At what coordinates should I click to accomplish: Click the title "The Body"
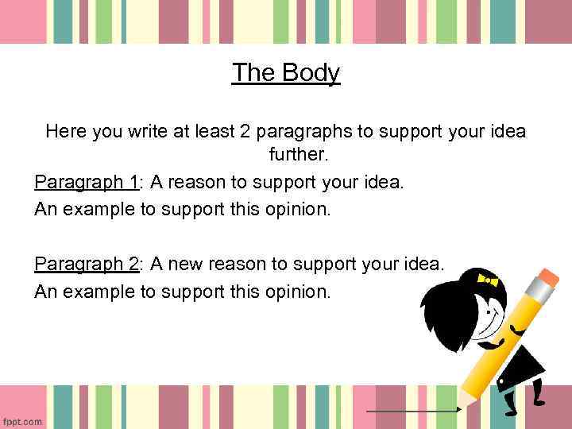286,73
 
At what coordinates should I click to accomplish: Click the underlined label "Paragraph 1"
87,183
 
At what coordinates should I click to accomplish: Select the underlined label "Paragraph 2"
87,263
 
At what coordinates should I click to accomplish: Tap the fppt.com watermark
22,421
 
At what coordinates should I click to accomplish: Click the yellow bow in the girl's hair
486,280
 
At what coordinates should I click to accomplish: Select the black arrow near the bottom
414,411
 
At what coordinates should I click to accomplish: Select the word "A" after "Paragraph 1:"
157,183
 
